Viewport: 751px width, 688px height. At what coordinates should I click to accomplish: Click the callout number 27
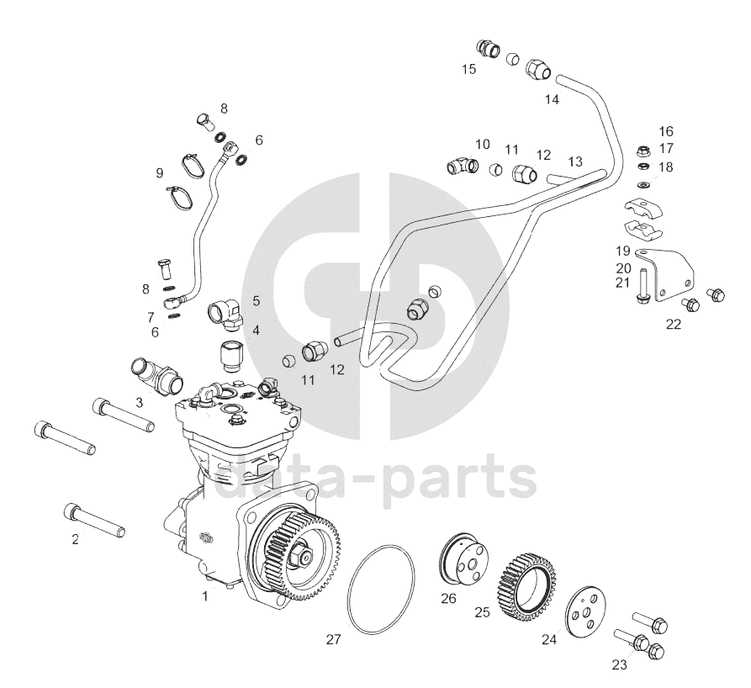[333, 640]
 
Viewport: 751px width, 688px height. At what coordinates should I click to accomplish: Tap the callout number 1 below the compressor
[204, 596]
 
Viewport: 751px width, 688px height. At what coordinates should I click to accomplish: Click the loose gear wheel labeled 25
[528, 580]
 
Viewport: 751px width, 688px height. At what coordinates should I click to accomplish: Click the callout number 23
[619, 664]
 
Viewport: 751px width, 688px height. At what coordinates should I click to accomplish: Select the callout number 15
[468, 69]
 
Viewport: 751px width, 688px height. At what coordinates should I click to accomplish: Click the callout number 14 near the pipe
[552, 99]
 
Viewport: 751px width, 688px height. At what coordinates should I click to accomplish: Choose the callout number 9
[159, 173]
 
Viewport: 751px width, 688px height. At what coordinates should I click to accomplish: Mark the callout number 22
[674, 324]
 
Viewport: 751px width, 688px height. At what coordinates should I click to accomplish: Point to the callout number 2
[75, 539]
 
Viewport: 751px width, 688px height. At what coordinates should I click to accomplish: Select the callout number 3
[139, 403]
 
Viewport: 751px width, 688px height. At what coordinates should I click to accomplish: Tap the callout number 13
[574, 161]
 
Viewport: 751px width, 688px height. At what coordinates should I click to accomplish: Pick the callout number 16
[666, 131]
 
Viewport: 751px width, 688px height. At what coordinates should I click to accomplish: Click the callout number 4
[256, 331]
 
